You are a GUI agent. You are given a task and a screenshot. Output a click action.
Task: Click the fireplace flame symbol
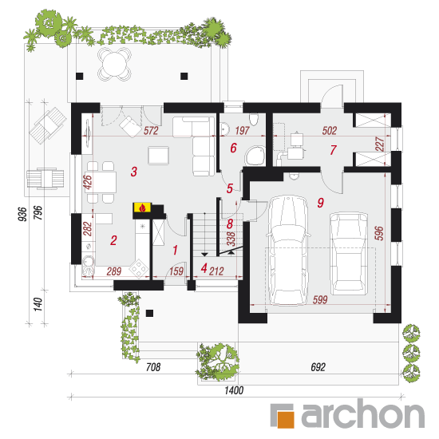click(143, 208)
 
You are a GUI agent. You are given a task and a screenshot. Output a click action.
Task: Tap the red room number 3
click(134, 172)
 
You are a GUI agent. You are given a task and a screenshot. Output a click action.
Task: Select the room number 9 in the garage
click(321, 203)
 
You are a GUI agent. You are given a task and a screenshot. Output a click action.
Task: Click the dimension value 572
click(151, 131)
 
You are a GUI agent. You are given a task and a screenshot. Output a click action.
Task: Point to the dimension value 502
click(329, 131)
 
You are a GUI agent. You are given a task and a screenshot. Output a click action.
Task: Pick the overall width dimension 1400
click(234, 390)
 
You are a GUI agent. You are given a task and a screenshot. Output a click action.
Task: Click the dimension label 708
click(153, 367)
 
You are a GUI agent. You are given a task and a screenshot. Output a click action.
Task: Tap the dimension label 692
click(318, 367)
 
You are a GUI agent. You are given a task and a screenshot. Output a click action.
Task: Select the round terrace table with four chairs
click(114, 64)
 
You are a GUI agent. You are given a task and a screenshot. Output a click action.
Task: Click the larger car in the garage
click(287, 250)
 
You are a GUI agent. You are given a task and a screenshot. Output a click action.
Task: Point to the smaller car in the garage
click(349, 253)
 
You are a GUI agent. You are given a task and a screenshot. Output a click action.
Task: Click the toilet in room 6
click(254, 120)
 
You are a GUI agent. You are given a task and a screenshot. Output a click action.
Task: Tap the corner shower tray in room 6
click(255, 156)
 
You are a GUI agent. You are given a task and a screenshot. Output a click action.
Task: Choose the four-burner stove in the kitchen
click(138, 269)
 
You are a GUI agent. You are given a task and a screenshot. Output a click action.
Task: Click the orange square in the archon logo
click(285, 419)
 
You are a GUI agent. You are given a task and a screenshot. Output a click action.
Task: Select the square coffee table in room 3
click(159, 156)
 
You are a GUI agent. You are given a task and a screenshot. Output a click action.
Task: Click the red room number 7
click(333, 150)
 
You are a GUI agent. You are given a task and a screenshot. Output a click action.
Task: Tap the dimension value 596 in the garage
click(379, 233)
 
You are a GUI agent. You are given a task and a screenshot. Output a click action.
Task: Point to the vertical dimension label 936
click(22, 214)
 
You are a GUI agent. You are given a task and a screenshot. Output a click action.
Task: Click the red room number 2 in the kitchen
click(113, 240)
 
